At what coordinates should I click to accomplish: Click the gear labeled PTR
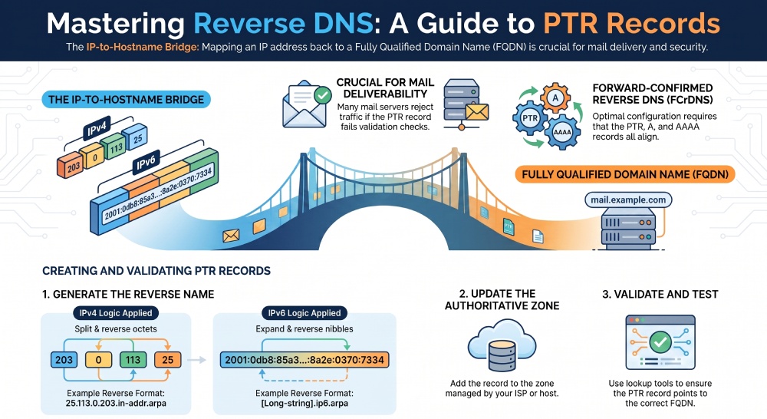530,118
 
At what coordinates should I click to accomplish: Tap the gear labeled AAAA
562,132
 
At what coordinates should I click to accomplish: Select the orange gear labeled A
555,98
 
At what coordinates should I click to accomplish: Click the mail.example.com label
628,200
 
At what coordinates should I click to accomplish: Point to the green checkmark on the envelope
322,95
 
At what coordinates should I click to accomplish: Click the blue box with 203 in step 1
64,360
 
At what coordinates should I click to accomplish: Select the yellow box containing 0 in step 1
98,360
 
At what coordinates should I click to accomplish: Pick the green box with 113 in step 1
133,360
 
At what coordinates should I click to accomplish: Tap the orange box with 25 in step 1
167,360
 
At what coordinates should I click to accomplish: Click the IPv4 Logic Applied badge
116,313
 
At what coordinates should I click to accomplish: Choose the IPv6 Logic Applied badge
304,313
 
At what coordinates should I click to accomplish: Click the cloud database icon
502,345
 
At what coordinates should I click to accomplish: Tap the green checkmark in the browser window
660,341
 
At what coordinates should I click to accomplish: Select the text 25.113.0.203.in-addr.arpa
116,404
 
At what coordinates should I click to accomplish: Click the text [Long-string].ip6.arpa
304,404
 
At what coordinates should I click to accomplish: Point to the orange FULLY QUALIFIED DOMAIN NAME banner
624,174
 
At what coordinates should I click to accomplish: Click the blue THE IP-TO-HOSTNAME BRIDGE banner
127,99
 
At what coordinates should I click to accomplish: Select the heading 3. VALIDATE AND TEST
660,294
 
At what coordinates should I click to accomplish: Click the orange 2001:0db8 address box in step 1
304,360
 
